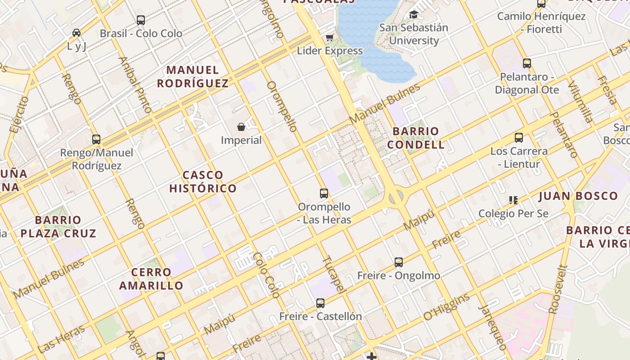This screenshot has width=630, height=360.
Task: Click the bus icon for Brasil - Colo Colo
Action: click(x=141, y=20)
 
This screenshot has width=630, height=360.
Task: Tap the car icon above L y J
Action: click(x=76, y=33)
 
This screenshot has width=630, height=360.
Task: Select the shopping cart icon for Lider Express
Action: click(x=330, y=37)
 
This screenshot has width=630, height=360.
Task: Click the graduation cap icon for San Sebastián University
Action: click(x=414, y=15)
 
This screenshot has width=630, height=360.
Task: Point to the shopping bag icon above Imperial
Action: click(x=241, y=127)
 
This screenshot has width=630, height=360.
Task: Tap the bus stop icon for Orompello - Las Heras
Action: click(x=324, y=193)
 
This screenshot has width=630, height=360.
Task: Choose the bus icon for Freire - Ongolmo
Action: click(x=399, y=262)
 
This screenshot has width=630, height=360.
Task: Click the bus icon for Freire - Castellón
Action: click(x=320, y=303)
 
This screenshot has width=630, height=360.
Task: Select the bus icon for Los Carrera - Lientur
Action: click(x=519, y=138)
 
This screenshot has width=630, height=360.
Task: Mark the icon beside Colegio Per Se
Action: click(x=513, y=200)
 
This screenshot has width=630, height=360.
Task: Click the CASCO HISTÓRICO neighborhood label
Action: click(x=203, y=182)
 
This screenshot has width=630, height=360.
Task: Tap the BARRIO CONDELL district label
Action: click(x=416, y=138)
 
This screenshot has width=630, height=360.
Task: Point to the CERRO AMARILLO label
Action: click(x=151, y=279)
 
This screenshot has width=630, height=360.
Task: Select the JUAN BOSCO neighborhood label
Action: click(x=578, y=196)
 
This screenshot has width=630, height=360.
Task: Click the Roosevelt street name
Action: click(x=558, y=289)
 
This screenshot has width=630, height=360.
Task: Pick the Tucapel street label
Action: click(x=333, y=274)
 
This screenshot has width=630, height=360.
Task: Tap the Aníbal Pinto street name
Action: click(x=135, y=84)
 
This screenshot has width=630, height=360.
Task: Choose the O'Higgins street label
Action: click(x=446, y=307)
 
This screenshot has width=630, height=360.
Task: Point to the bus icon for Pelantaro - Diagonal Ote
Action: click(x=527, y=63)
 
